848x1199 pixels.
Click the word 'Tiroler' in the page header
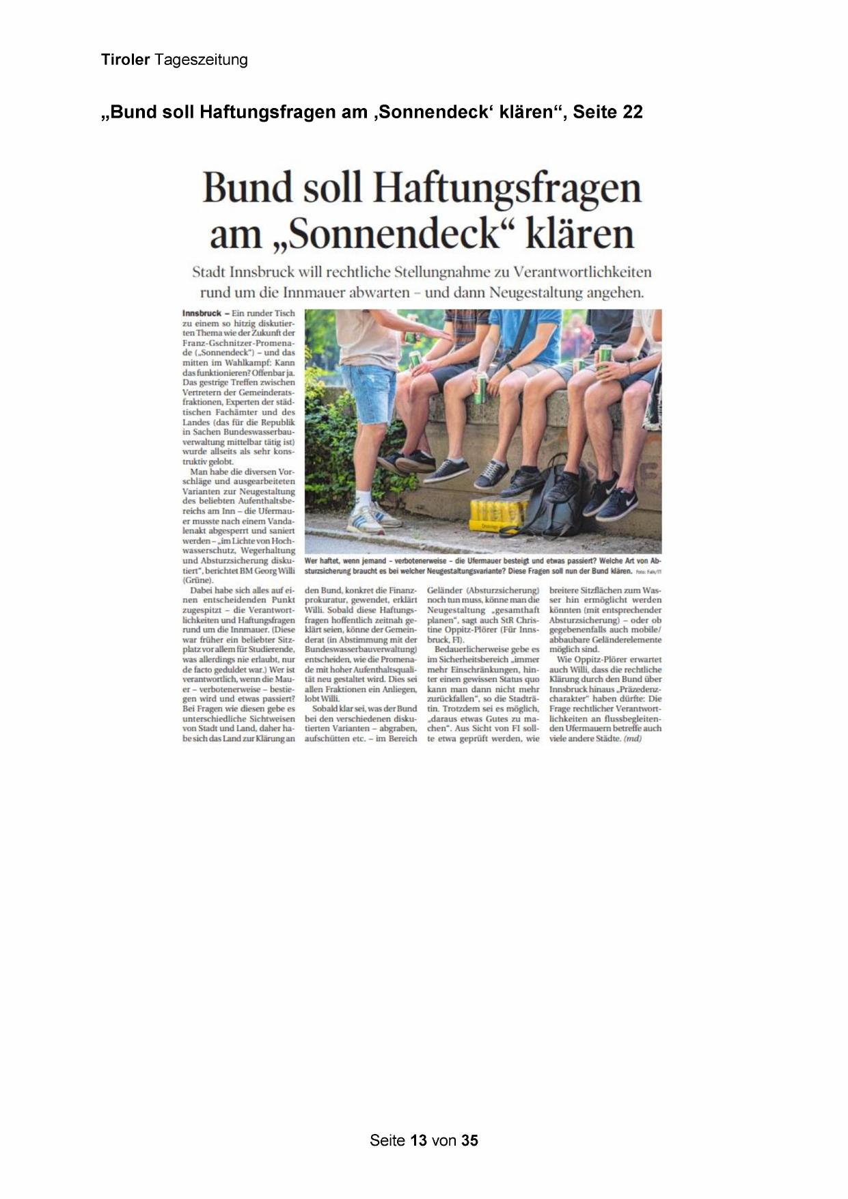tap(125, 59)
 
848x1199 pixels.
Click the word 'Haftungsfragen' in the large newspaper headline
tap(508, 188)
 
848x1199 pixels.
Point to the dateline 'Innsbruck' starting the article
tap(202, 313)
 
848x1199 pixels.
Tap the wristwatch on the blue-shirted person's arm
tap(508, 368)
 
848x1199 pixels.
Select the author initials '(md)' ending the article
tap(633, 738)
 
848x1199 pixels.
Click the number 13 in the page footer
tap(418, 1140)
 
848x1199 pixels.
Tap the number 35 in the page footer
tap(469, 1140)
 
